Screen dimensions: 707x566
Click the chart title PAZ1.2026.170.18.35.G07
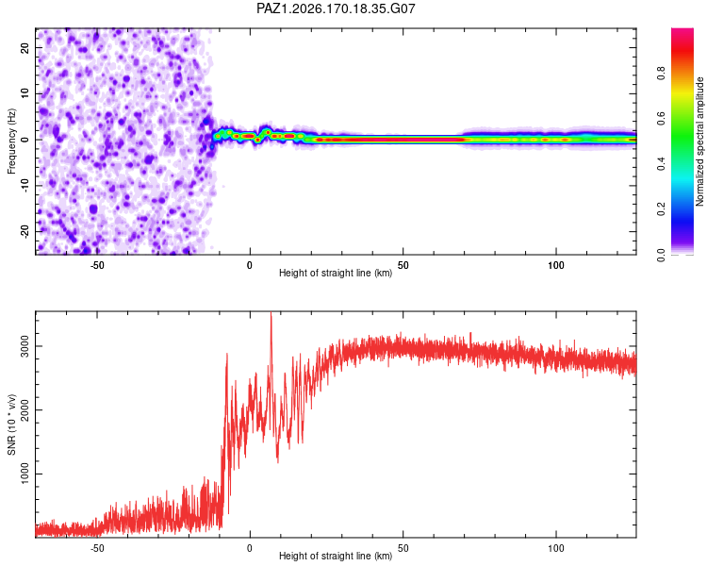point(336,8)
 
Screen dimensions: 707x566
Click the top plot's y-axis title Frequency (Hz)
point(11,141)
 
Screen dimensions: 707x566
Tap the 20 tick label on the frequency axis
point(25,47)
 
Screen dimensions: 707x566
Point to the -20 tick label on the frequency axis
point(25,231)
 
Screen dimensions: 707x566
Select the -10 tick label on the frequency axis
point(25,186)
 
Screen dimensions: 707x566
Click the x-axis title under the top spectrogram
point(336,273)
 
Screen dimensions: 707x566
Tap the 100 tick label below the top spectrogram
point(556,265)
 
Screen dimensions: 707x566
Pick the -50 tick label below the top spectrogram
point(97,265)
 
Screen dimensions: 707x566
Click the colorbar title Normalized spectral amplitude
point(699,141)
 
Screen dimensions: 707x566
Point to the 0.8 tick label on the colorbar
point(661,74)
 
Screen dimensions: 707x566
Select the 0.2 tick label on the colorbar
point(661,209)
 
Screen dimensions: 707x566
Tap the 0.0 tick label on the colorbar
point(661,255)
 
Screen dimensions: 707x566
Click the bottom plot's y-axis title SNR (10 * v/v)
point(11,424)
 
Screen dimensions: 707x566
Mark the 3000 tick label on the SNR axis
point(25,346)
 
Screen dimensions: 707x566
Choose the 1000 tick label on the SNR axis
point(25,474)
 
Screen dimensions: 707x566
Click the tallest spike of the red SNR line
point(271,313)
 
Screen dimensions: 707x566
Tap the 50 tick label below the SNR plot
point(403,548)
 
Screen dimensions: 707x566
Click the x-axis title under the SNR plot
point(336,556)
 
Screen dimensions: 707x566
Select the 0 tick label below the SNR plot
point(250,548)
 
